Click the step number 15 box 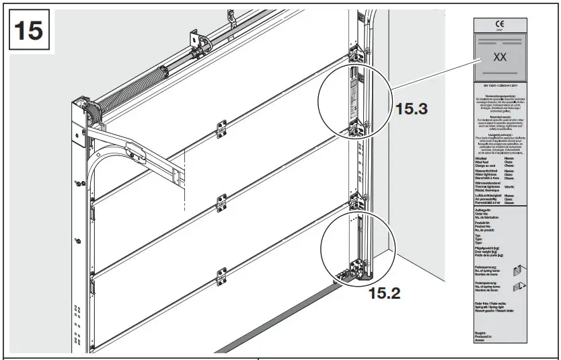pyautogui.click(x=28, y=31)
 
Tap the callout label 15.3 pyautogui.click(x=412, y=108)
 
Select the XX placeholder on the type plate pyautogui.click(x=500, y=57)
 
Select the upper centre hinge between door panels pyautogui.click(x=220, y=127)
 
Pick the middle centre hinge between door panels pyautogui.click(x=220, y=201)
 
